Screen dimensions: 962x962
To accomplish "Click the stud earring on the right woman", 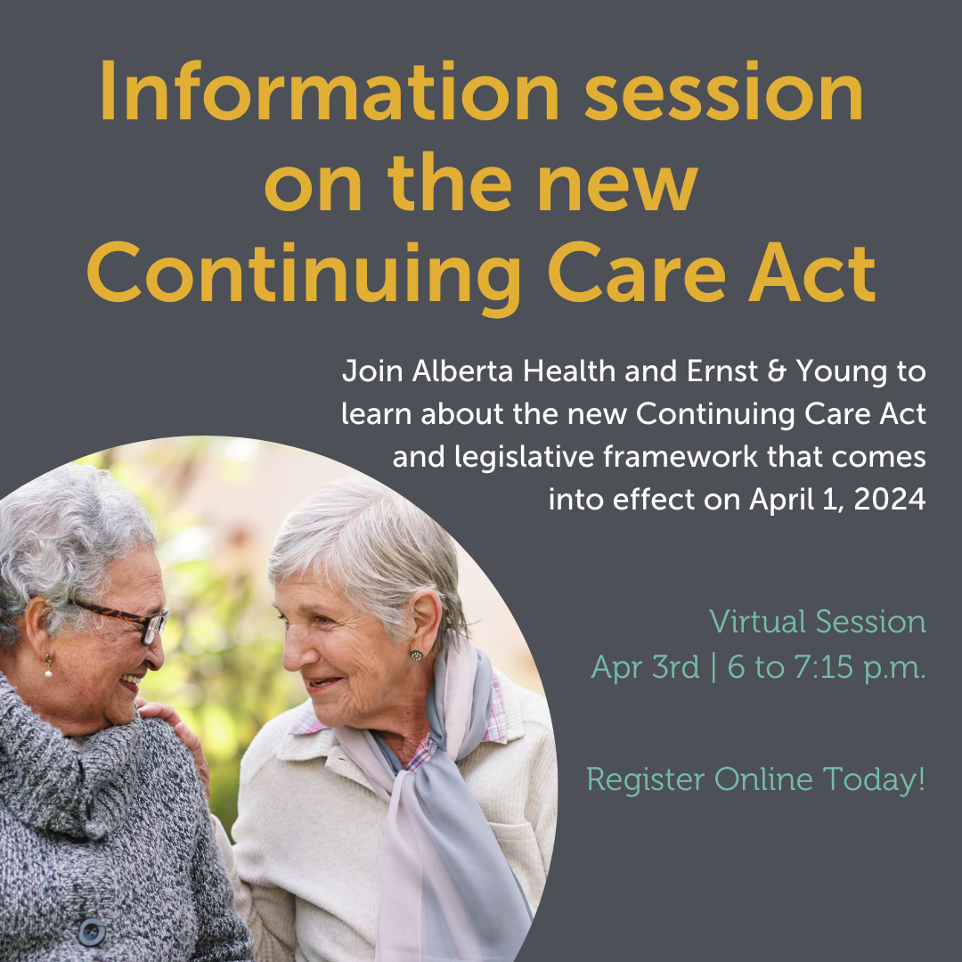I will click(415, 656).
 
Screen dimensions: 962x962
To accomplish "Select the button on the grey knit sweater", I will click(91, 931).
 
